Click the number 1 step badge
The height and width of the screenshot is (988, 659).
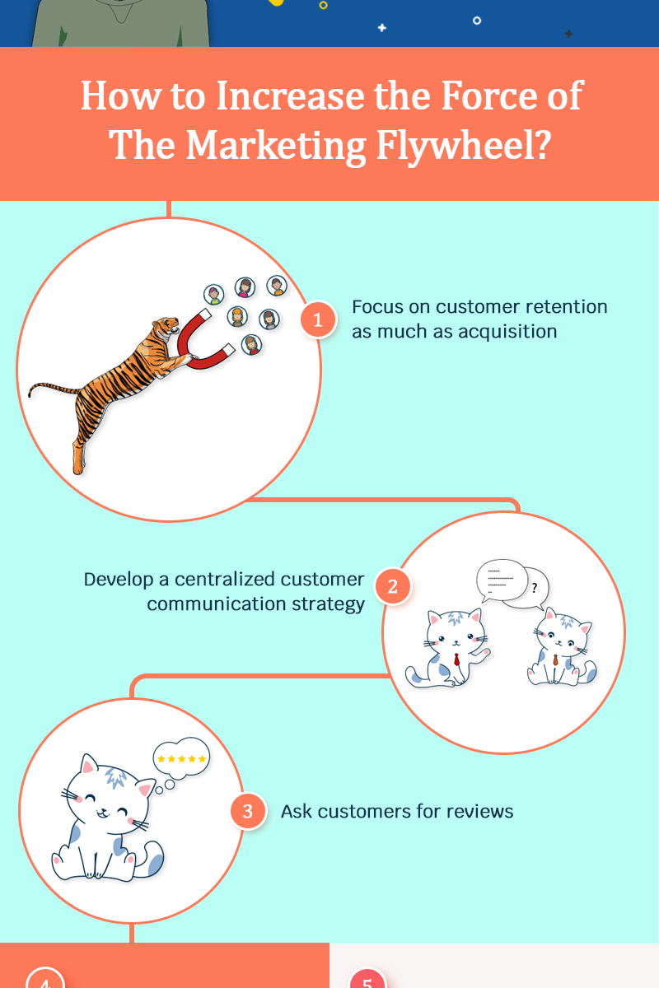point(318,319)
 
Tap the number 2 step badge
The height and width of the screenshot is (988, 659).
point(393,587)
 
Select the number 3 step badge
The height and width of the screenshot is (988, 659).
point(247,812)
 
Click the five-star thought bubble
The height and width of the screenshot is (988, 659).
point(182,758)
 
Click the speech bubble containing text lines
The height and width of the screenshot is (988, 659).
point(500,580)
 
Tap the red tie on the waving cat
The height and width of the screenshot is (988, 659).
point(456,659)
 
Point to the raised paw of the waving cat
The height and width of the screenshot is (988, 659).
point(486,652)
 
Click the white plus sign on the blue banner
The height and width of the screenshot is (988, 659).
point(381,27)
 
